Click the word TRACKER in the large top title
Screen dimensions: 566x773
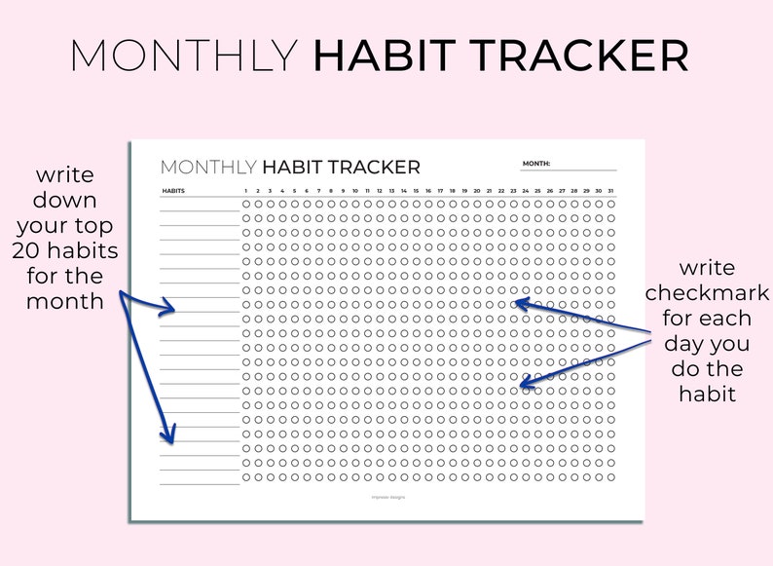(x=582, y=57)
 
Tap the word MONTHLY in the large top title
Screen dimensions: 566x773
(x=183, y=57)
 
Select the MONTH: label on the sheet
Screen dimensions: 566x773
(x=536, y=164)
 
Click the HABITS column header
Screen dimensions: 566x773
(x=173, y=190)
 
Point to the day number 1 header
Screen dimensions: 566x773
(x=246, y=190)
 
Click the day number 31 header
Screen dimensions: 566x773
(x=610, y=190)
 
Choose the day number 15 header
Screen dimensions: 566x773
(x=416, y=190)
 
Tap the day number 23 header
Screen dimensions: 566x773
(x=513, y=190)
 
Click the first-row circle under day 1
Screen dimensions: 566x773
(x=246, y=204)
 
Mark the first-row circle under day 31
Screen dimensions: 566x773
(x=610, y=204)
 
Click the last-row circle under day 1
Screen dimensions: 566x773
(x=246, y=477)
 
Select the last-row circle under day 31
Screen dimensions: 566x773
(x=610, y=477)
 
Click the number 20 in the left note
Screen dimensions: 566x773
(x=25, y=251)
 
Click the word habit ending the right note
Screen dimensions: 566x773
(x=707, y=394)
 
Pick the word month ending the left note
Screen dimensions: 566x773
(x=64, y=301)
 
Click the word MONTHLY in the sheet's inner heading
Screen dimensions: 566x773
(x=208, y=168)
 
